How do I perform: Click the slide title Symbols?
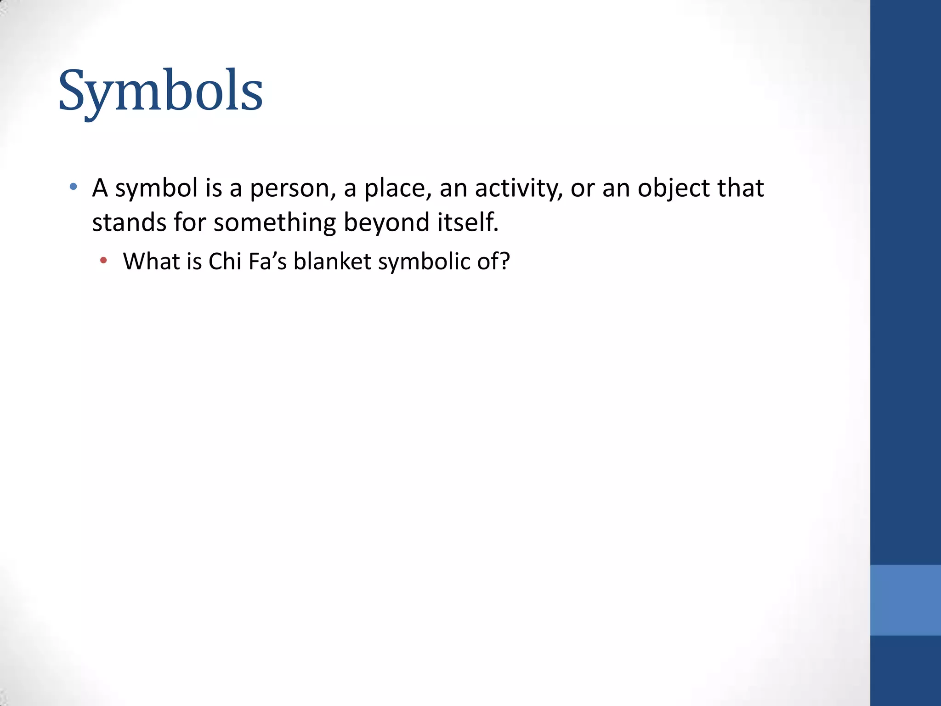coord(160,91)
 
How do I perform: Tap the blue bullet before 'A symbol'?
coord(73,187)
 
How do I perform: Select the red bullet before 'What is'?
coord(103,261)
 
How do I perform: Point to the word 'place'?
coord(398,188)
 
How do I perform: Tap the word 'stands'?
coord(129,222)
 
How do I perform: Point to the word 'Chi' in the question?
coord(225,261)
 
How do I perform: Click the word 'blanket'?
coord(332,261)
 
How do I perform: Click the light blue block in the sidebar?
coord(905,600)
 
